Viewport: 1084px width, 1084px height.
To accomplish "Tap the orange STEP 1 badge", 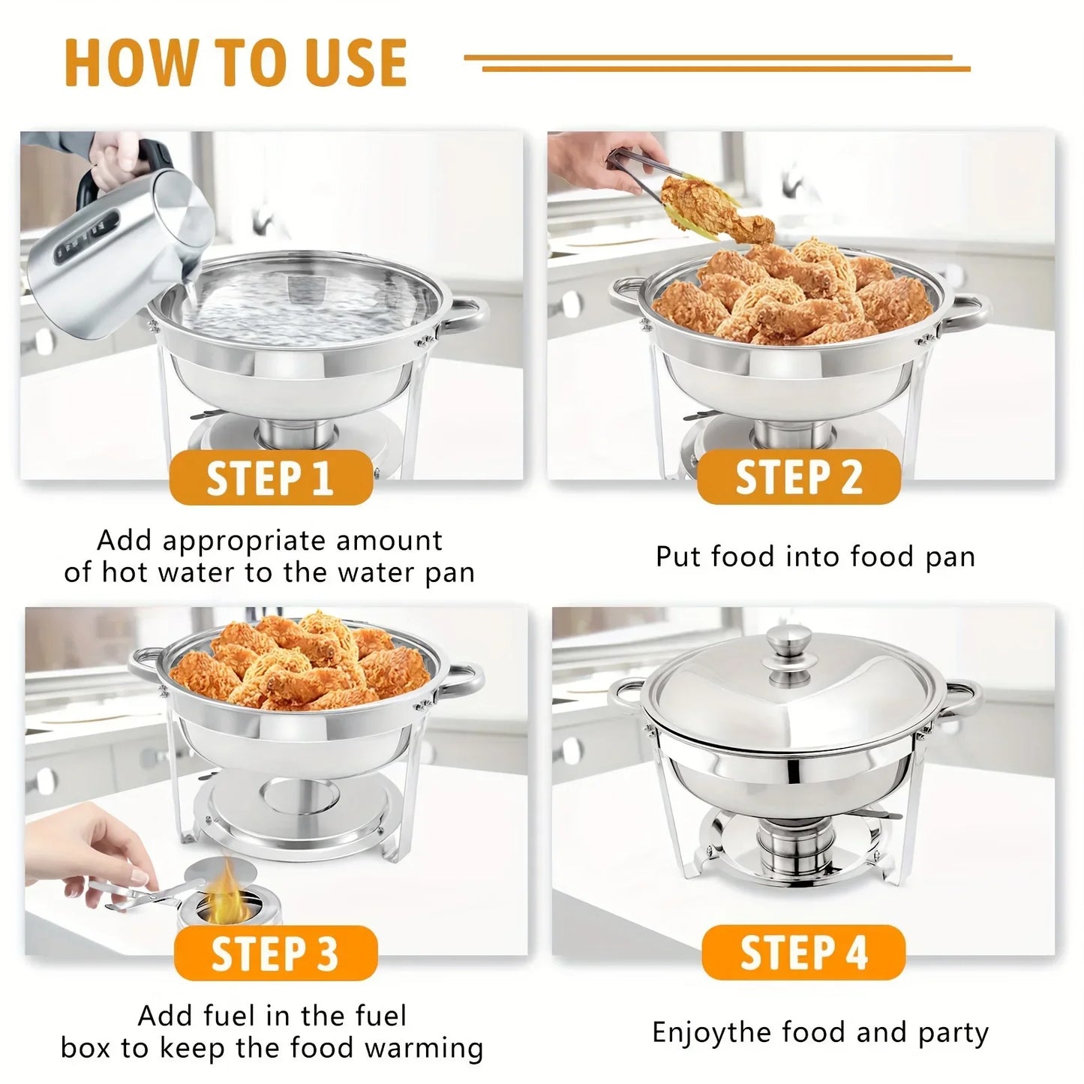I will click(x=270, y=478).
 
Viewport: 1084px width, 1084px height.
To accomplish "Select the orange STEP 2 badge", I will click(x=798, y=478).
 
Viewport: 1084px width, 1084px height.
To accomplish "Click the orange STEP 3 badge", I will click(x=275, y=953).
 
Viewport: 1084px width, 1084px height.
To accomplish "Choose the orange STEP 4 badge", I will click(x=803, y=953).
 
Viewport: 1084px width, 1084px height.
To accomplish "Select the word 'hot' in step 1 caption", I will click(x=125, y=573).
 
